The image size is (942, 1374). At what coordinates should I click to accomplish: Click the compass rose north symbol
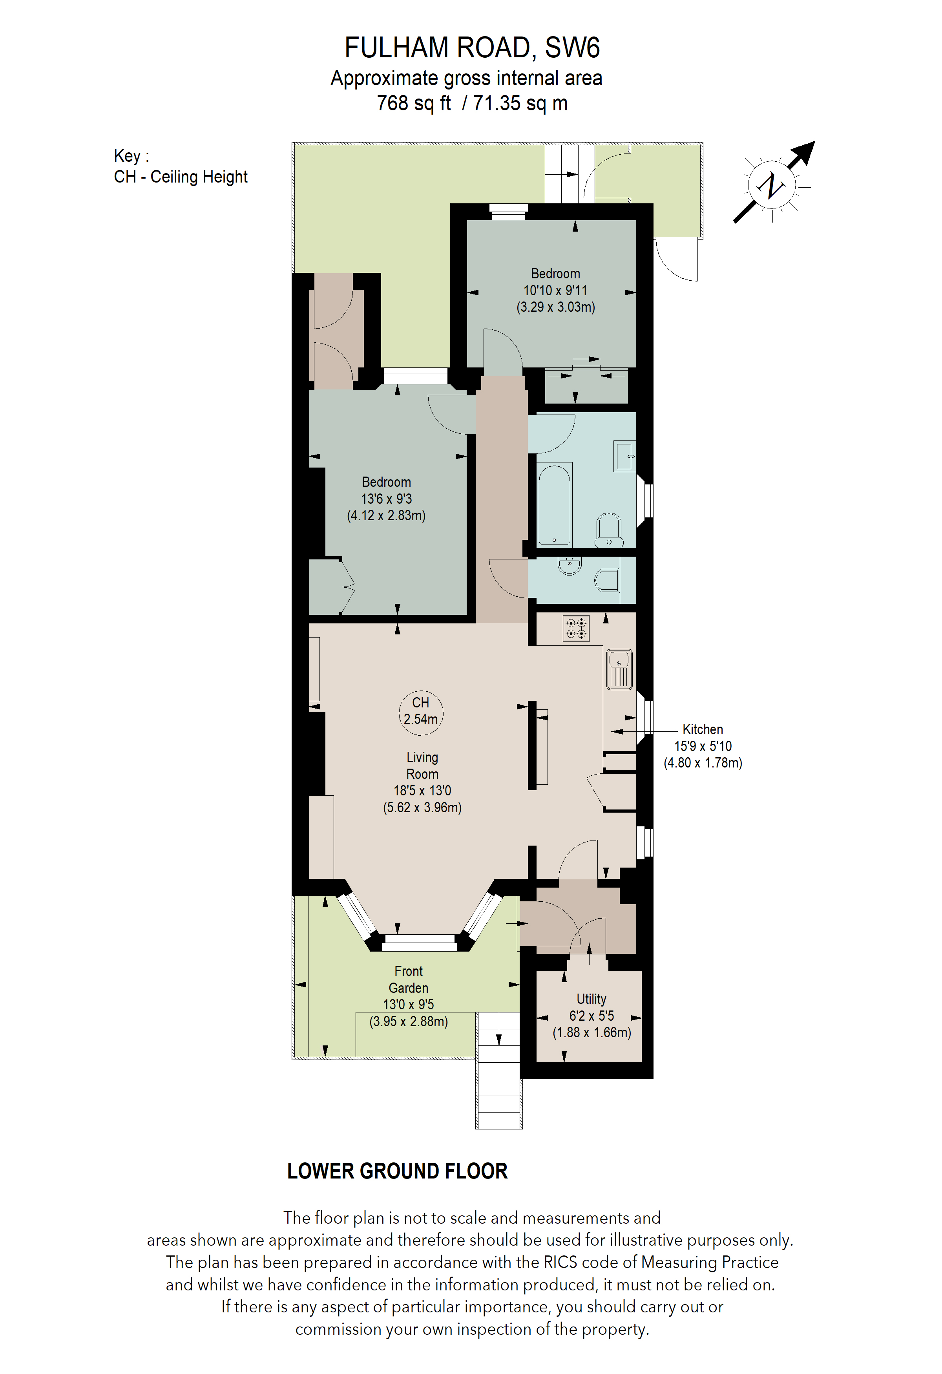(773, 185)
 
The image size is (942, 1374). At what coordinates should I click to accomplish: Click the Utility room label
(591, 999)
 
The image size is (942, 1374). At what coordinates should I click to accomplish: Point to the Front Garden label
(408, 979)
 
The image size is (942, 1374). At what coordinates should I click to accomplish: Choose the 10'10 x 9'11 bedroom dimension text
(555, 290)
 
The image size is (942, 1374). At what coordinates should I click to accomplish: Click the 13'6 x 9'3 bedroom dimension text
(387, 499)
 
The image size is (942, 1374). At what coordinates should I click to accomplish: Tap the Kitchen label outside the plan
(703, 729)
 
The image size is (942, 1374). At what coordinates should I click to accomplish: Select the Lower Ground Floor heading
(397, 1171)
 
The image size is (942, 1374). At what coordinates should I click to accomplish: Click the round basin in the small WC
(570, 566)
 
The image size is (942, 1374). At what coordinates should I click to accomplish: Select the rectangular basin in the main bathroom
(624, 457)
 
